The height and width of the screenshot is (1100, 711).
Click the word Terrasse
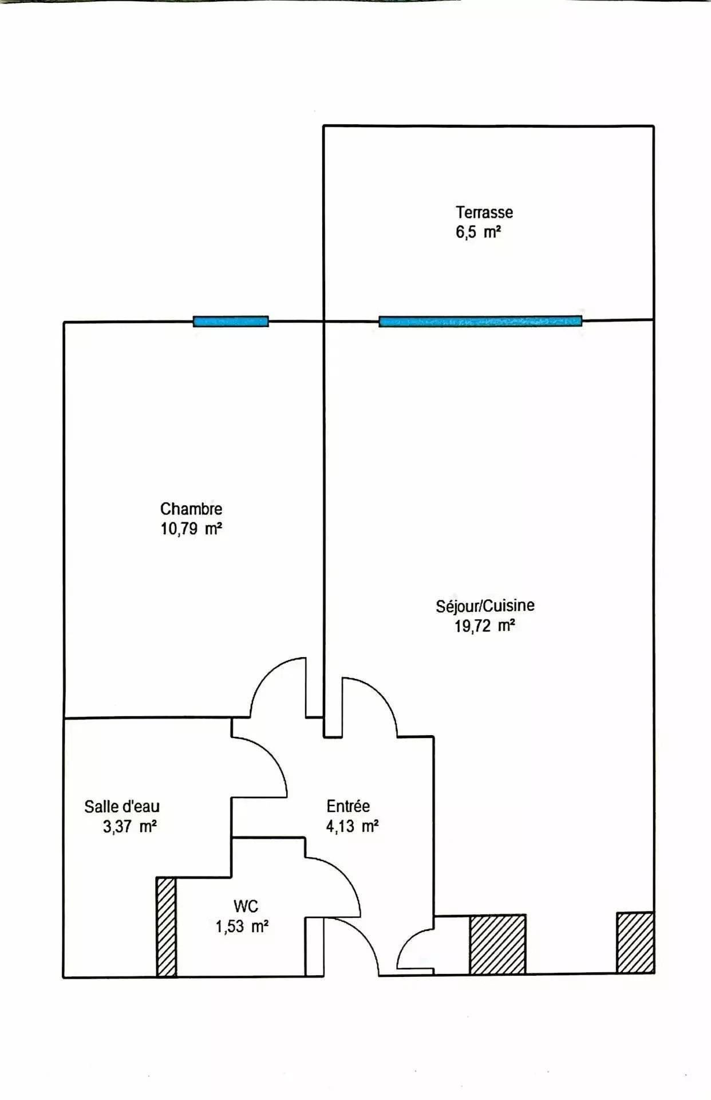[484, 213]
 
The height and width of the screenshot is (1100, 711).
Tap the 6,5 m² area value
[479, 233]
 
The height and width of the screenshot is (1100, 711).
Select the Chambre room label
[191, 509]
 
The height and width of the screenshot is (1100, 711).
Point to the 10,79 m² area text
[191, 529]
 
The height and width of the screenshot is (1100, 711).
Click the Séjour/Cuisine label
[485, 606]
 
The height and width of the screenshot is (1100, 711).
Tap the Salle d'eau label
[122, 807]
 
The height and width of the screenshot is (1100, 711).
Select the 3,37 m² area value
[130, 827]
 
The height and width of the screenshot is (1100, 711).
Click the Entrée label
[348, 806]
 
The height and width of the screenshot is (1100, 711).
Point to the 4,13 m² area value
[352, 826]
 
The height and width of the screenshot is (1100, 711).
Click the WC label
[246, 906]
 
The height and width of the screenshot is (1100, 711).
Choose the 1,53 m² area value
[242, 926]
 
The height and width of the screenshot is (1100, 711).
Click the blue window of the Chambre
[231, 321]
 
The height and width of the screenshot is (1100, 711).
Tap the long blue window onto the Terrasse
[480, 321]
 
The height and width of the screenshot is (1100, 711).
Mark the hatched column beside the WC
[167, 926]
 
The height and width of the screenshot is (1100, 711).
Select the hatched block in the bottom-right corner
[635, 942]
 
